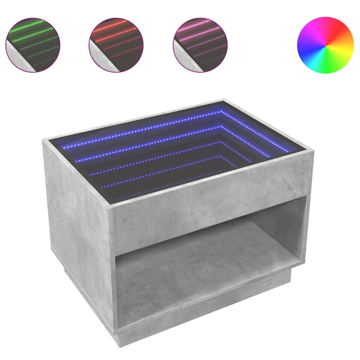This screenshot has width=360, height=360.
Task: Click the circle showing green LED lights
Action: pos(33,45)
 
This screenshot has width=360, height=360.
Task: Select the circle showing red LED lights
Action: pos(115,45)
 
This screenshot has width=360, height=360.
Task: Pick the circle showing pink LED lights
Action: pos(200,45)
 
